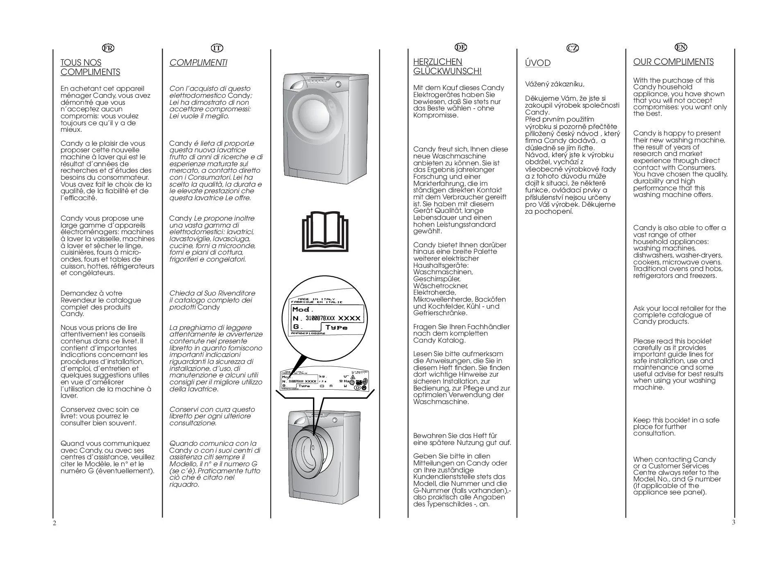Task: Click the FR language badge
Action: (108, 48)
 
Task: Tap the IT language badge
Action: (217, 48)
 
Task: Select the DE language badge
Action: (461, 47)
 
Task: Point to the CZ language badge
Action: (573, 48)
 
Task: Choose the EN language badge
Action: (681, 47)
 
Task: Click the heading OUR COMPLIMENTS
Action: (673, 62)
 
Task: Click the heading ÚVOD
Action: (537, 63)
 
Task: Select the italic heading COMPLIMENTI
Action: (198, 63)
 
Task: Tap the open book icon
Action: (325, 232)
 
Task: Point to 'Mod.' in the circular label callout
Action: (303, 309)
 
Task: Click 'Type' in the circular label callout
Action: (336, 327)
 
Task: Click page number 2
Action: (54, 524)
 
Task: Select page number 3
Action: (733, 522)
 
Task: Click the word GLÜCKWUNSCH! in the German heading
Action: (447, 71)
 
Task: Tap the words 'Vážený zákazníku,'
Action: (554, 84)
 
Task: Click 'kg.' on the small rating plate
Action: (323, 376)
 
